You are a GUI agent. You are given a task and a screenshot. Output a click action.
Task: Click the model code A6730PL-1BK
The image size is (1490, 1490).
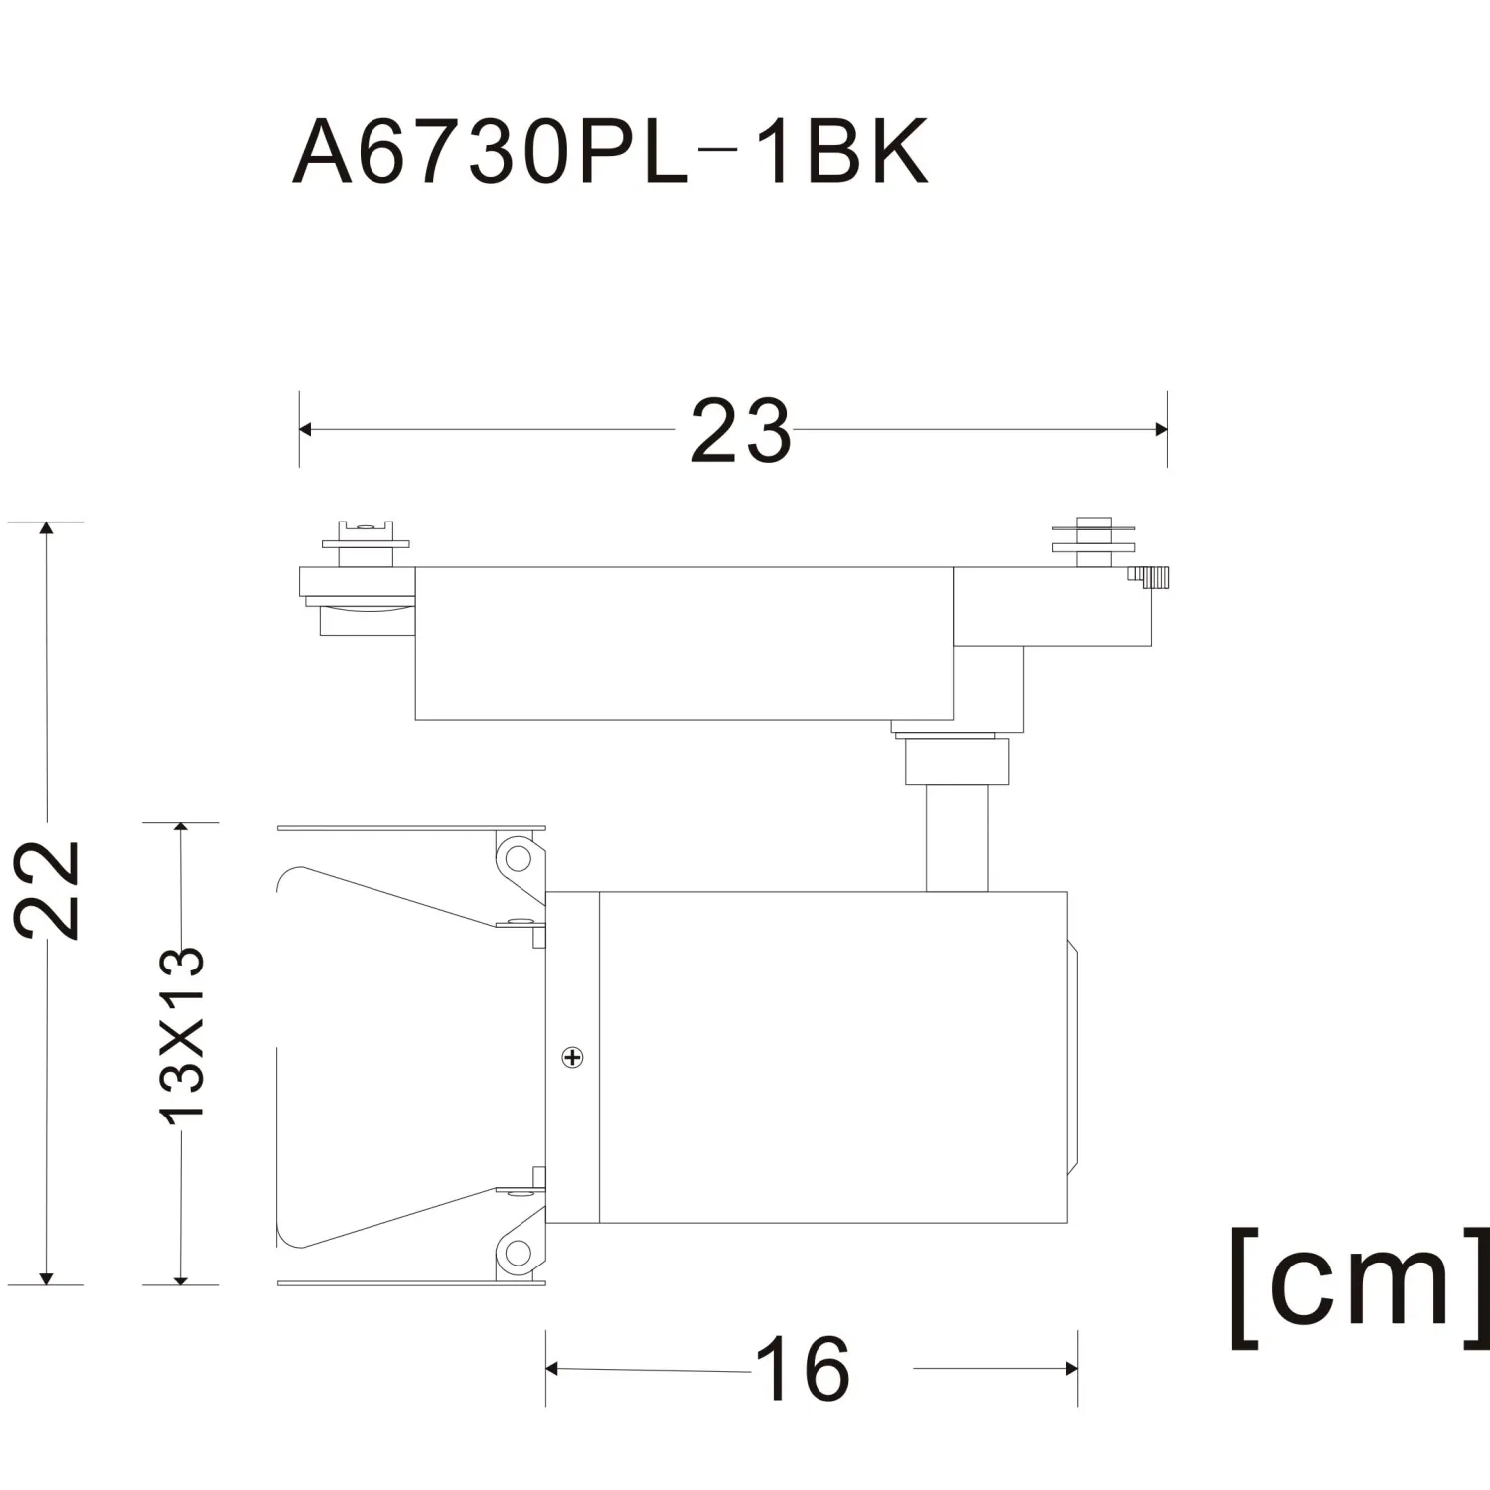(610, 152)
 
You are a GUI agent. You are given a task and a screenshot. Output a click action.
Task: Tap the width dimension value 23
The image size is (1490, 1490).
(741, 431)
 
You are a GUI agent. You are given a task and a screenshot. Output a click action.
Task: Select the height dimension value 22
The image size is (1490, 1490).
(48, 889)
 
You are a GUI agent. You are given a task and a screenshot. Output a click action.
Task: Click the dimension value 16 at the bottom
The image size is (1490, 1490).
(803, 1368)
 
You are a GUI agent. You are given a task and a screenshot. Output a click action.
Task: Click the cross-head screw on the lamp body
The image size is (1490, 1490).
(573, 1057)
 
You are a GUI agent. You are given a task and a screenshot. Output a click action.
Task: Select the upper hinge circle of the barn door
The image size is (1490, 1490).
(515, 855)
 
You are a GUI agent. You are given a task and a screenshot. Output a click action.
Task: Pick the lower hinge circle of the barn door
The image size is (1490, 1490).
(515, 1253)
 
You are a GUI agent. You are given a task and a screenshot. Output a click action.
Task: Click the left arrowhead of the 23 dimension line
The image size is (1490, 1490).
(306, 429)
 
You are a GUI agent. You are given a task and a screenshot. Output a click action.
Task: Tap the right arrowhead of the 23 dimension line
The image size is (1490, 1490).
(1160, 429)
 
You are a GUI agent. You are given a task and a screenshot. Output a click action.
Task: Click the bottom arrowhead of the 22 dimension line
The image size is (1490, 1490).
(46, 1276)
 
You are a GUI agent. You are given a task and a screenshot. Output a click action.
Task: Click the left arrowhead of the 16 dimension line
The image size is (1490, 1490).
(553, 1370)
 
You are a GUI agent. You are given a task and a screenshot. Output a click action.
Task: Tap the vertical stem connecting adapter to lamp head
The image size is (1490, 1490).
(958, 837)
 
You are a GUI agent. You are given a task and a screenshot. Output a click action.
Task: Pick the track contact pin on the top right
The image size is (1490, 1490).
(1094, 541)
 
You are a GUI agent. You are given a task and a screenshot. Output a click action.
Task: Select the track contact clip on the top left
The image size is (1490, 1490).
(366, 543)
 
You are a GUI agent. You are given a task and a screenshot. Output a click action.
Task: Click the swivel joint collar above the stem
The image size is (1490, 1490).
(956, 759)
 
